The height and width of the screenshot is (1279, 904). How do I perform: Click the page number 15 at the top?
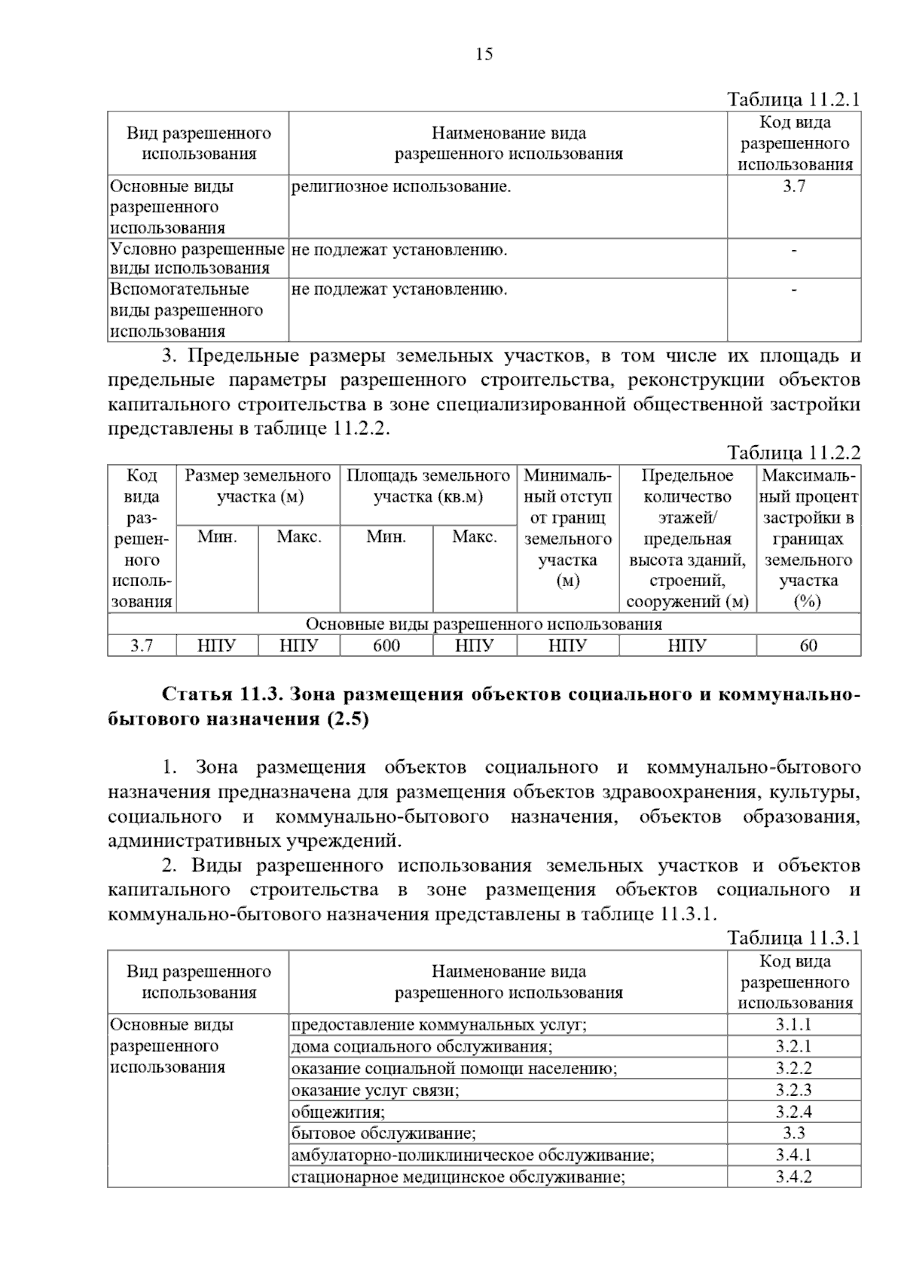point(484,54)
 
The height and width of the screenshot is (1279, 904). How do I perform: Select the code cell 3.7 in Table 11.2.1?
point(794,187)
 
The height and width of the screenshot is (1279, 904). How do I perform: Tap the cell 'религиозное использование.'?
point(401,187)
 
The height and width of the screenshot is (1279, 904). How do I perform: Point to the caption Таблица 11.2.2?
point(793,453)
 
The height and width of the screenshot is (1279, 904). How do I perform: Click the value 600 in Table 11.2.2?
point(386,646)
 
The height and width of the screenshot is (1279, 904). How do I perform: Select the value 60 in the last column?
point(808,646)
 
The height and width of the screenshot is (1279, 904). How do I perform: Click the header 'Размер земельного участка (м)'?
point(258,487)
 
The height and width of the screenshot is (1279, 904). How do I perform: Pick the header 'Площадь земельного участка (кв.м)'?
point(428,487)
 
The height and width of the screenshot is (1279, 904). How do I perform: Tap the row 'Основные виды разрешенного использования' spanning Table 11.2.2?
point(484,624)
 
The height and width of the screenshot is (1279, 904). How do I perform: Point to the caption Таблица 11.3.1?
point(793,938)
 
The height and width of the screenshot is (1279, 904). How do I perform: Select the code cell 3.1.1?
point(794,1025)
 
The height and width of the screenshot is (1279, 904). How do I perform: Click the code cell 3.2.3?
point(794,1090)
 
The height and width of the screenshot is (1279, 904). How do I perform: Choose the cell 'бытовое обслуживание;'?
point(383,1134)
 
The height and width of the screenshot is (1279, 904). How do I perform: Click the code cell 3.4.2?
point(794,1177)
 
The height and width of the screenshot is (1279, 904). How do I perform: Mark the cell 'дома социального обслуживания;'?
point(422,1047)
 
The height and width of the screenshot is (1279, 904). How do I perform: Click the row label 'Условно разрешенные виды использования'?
point(197,258)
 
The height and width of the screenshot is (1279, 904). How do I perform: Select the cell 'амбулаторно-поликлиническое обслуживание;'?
point(472,1155)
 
